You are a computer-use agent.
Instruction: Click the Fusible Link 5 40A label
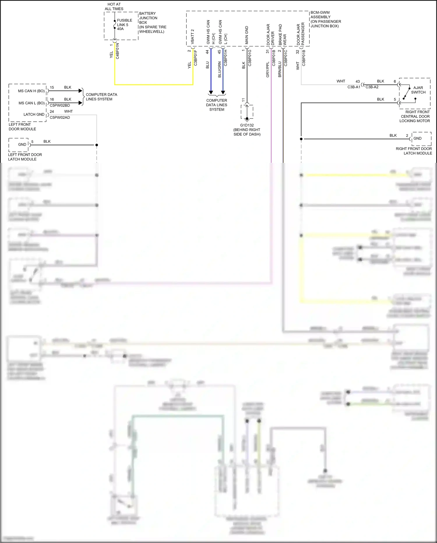click(124, 25)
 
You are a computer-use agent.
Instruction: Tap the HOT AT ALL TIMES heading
click(114, 6)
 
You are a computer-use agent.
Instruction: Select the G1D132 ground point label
click(247, 125)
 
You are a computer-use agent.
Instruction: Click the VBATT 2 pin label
click(193, 37)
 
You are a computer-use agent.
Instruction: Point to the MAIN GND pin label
click(247, 35)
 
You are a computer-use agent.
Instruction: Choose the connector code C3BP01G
click(250, 58)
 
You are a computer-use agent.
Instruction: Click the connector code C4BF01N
click(117, 51)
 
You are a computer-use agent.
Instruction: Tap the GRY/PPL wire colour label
click(267, 69)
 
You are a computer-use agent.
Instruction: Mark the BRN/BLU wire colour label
click(280, 69)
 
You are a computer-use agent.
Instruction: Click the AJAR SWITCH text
click(418, 90)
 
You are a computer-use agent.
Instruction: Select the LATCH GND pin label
click(34, 114)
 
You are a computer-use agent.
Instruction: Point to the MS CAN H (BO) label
click(31, 91)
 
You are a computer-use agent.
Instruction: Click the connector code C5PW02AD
click(60, 118)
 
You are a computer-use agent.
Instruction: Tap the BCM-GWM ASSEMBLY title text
click(325, 19)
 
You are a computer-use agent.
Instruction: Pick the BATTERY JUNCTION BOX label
click(152, 22)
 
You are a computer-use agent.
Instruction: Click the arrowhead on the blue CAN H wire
click(211, 93)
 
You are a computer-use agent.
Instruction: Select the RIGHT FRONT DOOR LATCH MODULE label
click(414, 151)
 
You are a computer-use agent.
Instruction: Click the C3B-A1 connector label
click(354, 87)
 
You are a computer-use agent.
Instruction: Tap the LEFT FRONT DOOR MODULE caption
click(22, 127)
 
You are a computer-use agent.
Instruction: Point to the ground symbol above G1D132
click(247, 119)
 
